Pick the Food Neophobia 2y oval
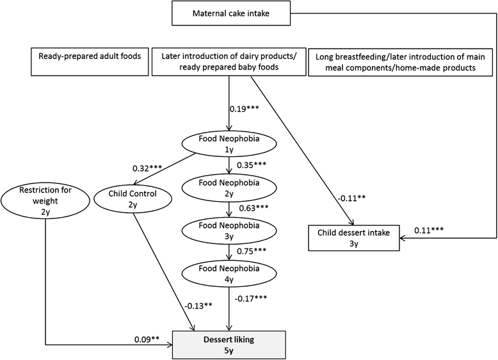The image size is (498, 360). pyautogui.click(x=229, y=186)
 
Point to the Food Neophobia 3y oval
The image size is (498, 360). pyautogui.click(x=229, y=230)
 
